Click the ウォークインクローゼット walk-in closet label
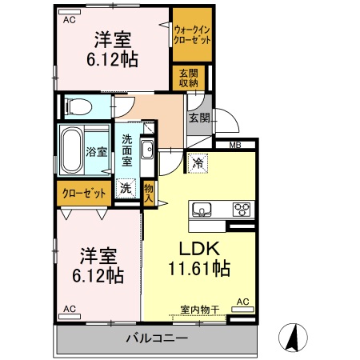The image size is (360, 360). pyautogui.click(x=193, y=34)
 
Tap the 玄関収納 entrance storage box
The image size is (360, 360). pyautogui.click(x=189, y=78)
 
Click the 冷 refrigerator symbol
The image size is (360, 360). pyautogui.click(x=198, y=161)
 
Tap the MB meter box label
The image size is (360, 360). pyautogui.click(x=237, y=145)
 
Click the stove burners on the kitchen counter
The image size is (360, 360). pyautogui.click(x=242, y=210)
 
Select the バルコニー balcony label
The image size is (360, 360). pyautogui.click(x=157, y=338)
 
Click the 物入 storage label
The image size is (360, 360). pyautogui.click(x=149, y=191)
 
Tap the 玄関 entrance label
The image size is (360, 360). pyautogui.click(x=199, y=118)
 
